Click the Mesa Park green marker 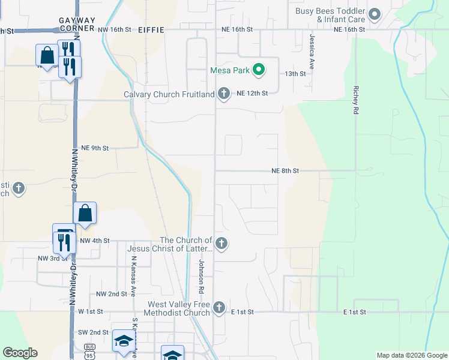click(259, 70)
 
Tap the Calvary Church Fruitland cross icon click(224, 94)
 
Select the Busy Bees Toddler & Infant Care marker click(375, 14)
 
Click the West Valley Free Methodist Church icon click(219, 308)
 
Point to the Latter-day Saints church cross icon click(221, 244)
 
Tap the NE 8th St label click(285, 171)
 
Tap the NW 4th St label click(95, 241)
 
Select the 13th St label click(295, 73)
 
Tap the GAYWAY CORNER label click(77, 24)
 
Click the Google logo click(20, 353)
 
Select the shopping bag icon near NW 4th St click(85, 213)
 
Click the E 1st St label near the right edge click(355, 313)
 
